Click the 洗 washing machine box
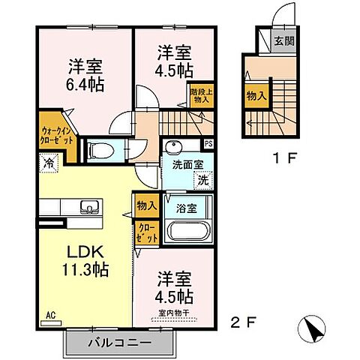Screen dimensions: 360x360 point(202,180)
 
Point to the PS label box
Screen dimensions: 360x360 point(208,144)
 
